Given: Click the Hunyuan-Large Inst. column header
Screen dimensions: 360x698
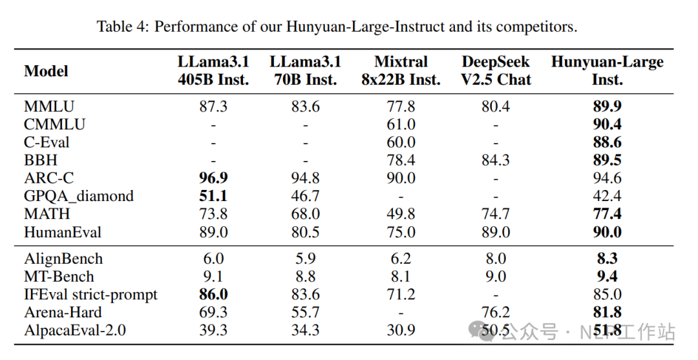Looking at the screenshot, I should (x=607, y=71).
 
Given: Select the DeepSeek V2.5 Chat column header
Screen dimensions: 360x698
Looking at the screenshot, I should (x=496, y=71).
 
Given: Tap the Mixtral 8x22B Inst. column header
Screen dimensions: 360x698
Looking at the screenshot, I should (x=401, y=71).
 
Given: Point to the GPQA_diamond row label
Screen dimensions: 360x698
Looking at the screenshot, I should (x=79, y=196).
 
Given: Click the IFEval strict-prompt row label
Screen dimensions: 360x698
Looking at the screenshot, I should (x=90, y=295).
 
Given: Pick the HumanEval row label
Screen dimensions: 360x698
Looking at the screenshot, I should (x=63, y=232).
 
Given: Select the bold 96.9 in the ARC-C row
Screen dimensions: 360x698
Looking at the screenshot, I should (x=213, y=178).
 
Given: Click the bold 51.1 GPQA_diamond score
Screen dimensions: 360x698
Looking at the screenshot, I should (x=213, y=196).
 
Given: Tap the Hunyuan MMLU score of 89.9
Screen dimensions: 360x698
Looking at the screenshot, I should (x=607, y=107).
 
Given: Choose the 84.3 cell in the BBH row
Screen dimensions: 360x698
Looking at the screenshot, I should (x=496, y=160).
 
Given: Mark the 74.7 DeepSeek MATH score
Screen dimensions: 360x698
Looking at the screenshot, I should (x=496, y=214).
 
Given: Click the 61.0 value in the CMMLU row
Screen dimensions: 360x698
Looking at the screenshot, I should (x=401, y=124).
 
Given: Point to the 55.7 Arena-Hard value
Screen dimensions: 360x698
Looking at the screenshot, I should (x=305, y=313).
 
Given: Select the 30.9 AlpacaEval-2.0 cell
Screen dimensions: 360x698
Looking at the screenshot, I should (x=401, y=331).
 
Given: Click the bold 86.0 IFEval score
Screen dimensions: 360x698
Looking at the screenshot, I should (x=213, y=295).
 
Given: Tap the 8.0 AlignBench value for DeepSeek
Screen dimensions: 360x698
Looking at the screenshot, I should (x=496, y=259).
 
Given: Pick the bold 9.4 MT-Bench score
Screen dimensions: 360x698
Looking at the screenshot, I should (x=607, y=277).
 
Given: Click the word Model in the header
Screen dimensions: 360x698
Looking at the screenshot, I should (x=46, y=71).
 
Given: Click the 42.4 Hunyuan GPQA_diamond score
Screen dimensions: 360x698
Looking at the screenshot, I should (x=607, y=196).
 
